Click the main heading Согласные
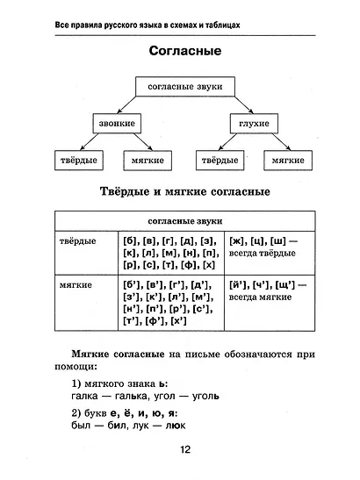click(184, 50)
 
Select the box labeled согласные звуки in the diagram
click(184, 85)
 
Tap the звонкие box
click(117, 124)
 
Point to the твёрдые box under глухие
click(220, 161)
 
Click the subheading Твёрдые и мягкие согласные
click(184, 190)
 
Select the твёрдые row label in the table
click(77, 240)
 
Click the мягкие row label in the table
click(76, 284)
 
